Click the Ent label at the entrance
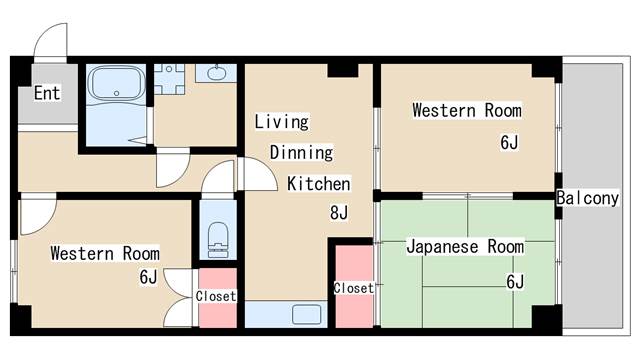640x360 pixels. (47, 93)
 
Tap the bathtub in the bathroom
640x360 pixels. (117, 83)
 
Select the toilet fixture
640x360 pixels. (218, 240)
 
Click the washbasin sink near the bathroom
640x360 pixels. (216, 73)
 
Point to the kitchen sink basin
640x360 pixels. (307, 315)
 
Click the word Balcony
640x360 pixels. (588, 198)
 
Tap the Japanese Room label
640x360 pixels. (465, 247)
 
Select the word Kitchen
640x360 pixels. (319, 184)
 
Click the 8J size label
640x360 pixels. (339, 212)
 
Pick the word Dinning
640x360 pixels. (301, 153)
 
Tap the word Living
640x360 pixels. (282, 122)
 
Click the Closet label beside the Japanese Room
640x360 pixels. (354, 288)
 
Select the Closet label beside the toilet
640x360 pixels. (216, 296)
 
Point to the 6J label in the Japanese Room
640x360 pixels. (515, 282)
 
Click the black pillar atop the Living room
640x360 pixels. (343, 70)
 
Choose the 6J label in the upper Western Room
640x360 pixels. (509, 142)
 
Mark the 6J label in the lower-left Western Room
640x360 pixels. (148, 277)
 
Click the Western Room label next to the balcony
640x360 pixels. (467, 111)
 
